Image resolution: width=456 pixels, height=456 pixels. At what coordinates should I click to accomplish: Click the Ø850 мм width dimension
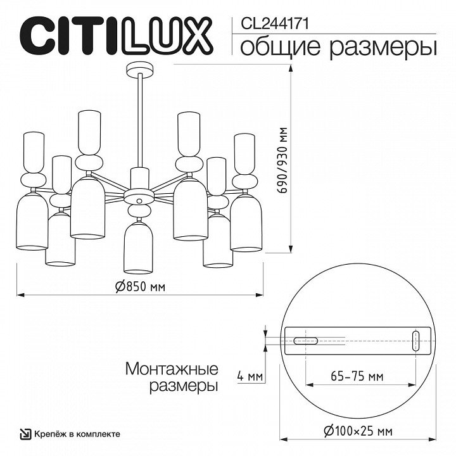140,286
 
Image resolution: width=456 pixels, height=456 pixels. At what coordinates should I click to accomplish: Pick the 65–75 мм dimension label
358,376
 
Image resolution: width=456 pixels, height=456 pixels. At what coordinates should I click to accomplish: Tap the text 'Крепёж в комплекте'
77,433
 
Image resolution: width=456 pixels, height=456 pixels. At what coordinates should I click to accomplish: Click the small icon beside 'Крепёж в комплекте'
25,433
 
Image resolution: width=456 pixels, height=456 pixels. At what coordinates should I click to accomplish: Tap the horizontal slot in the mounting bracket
306,340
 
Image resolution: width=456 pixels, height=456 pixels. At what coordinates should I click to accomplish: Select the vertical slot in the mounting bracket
415,340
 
